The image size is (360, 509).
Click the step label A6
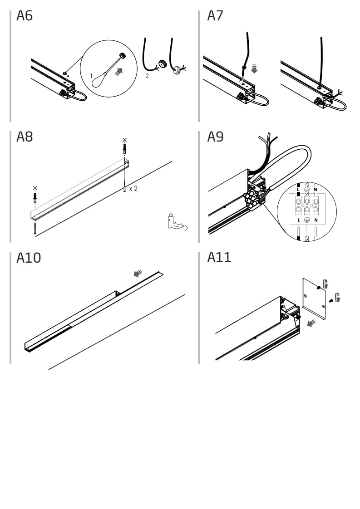(25, 16)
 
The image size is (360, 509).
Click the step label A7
(215, 16)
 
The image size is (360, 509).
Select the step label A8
(25, 137)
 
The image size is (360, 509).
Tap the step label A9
(215, 137)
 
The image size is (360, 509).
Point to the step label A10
(29, 258)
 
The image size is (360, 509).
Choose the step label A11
(219, 257)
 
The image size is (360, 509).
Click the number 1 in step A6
(91, 75)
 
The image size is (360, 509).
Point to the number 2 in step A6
(147, 76)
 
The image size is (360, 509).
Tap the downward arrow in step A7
(254, 69)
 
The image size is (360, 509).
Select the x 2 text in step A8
(133, 188)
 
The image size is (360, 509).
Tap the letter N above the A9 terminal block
(316, 189)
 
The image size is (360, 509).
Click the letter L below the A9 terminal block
(298, 220)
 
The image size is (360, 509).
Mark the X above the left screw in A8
(35, 188)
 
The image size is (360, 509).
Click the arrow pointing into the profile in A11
(311, 323)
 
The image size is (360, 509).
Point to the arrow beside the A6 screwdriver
(119, 71)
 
